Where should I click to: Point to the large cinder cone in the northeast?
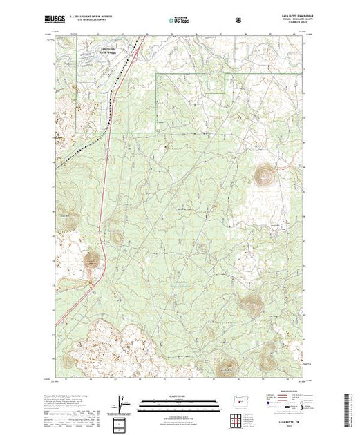pos(265,175)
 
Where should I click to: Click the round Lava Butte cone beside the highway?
pos(91,260)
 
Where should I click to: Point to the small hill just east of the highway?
pos(115,235)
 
